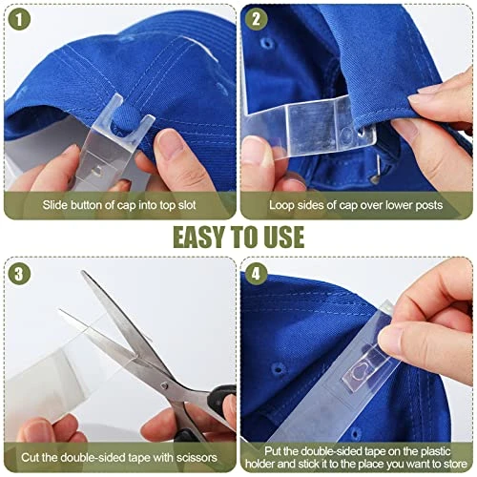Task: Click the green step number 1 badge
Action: (19, 19)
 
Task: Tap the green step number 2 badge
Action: (256, 19)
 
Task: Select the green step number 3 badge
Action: (19, 274)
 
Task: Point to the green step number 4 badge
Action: (256, 274)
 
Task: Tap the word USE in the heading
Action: (284, 238)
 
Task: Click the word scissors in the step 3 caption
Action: (197, 458)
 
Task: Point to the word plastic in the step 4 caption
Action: (435, 452)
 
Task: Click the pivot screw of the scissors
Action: (164, 386)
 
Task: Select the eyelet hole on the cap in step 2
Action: (267, 42)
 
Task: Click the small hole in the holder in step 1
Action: (97, 172)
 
